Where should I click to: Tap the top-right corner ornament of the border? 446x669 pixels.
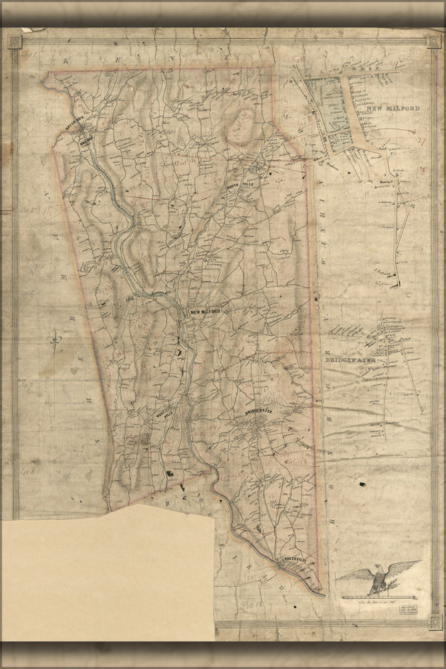tap(435, 41)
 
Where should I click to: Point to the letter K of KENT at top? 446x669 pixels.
tap(66, 60)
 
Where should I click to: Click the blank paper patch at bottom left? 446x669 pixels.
tap(107, 575)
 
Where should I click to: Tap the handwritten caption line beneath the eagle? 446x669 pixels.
tap(370, 603)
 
